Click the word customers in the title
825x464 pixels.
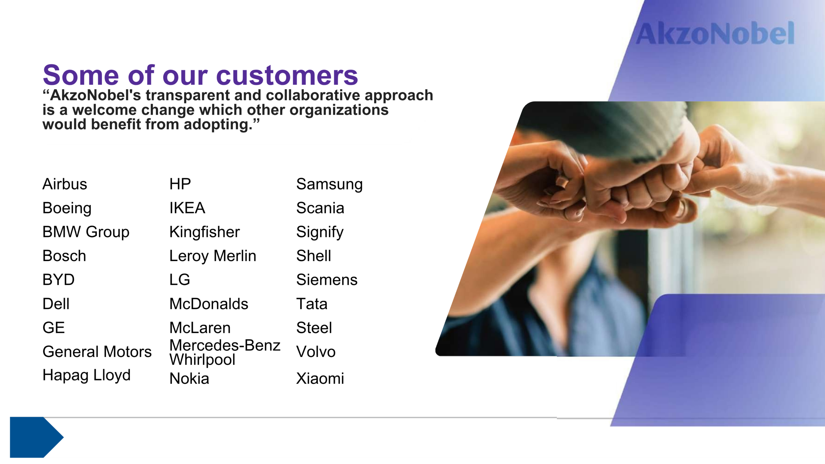tap(287, 75)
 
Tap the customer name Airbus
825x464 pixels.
tap(65, 184)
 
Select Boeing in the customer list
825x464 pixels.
tap(67, 208)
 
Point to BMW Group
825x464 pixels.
tap(86, 232)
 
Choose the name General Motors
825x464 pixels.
tap(97, 352)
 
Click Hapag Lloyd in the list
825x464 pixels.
tap(87, 375)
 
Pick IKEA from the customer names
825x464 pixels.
tap(187, 208)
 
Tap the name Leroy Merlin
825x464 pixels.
tap(213, 256)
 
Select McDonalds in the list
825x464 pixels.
tap(209, 304)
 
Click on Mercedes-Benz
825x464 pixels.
tap(225, 345)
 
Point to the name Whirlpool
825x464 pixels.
tap(202, 360)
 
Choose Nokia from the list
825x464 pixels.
tap(189, 379)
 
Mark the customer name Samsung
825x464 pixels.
tap(329, 185)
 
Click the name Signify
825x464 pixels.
tap(320, 232)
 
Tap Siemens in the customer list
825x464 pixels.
tap(327, 280)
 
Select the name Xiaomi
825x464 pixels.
tap(320, 379)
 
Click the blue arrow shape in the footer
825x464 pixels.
tap(36, 437)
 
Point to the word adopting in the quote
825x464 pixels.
tap(218, 125)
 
